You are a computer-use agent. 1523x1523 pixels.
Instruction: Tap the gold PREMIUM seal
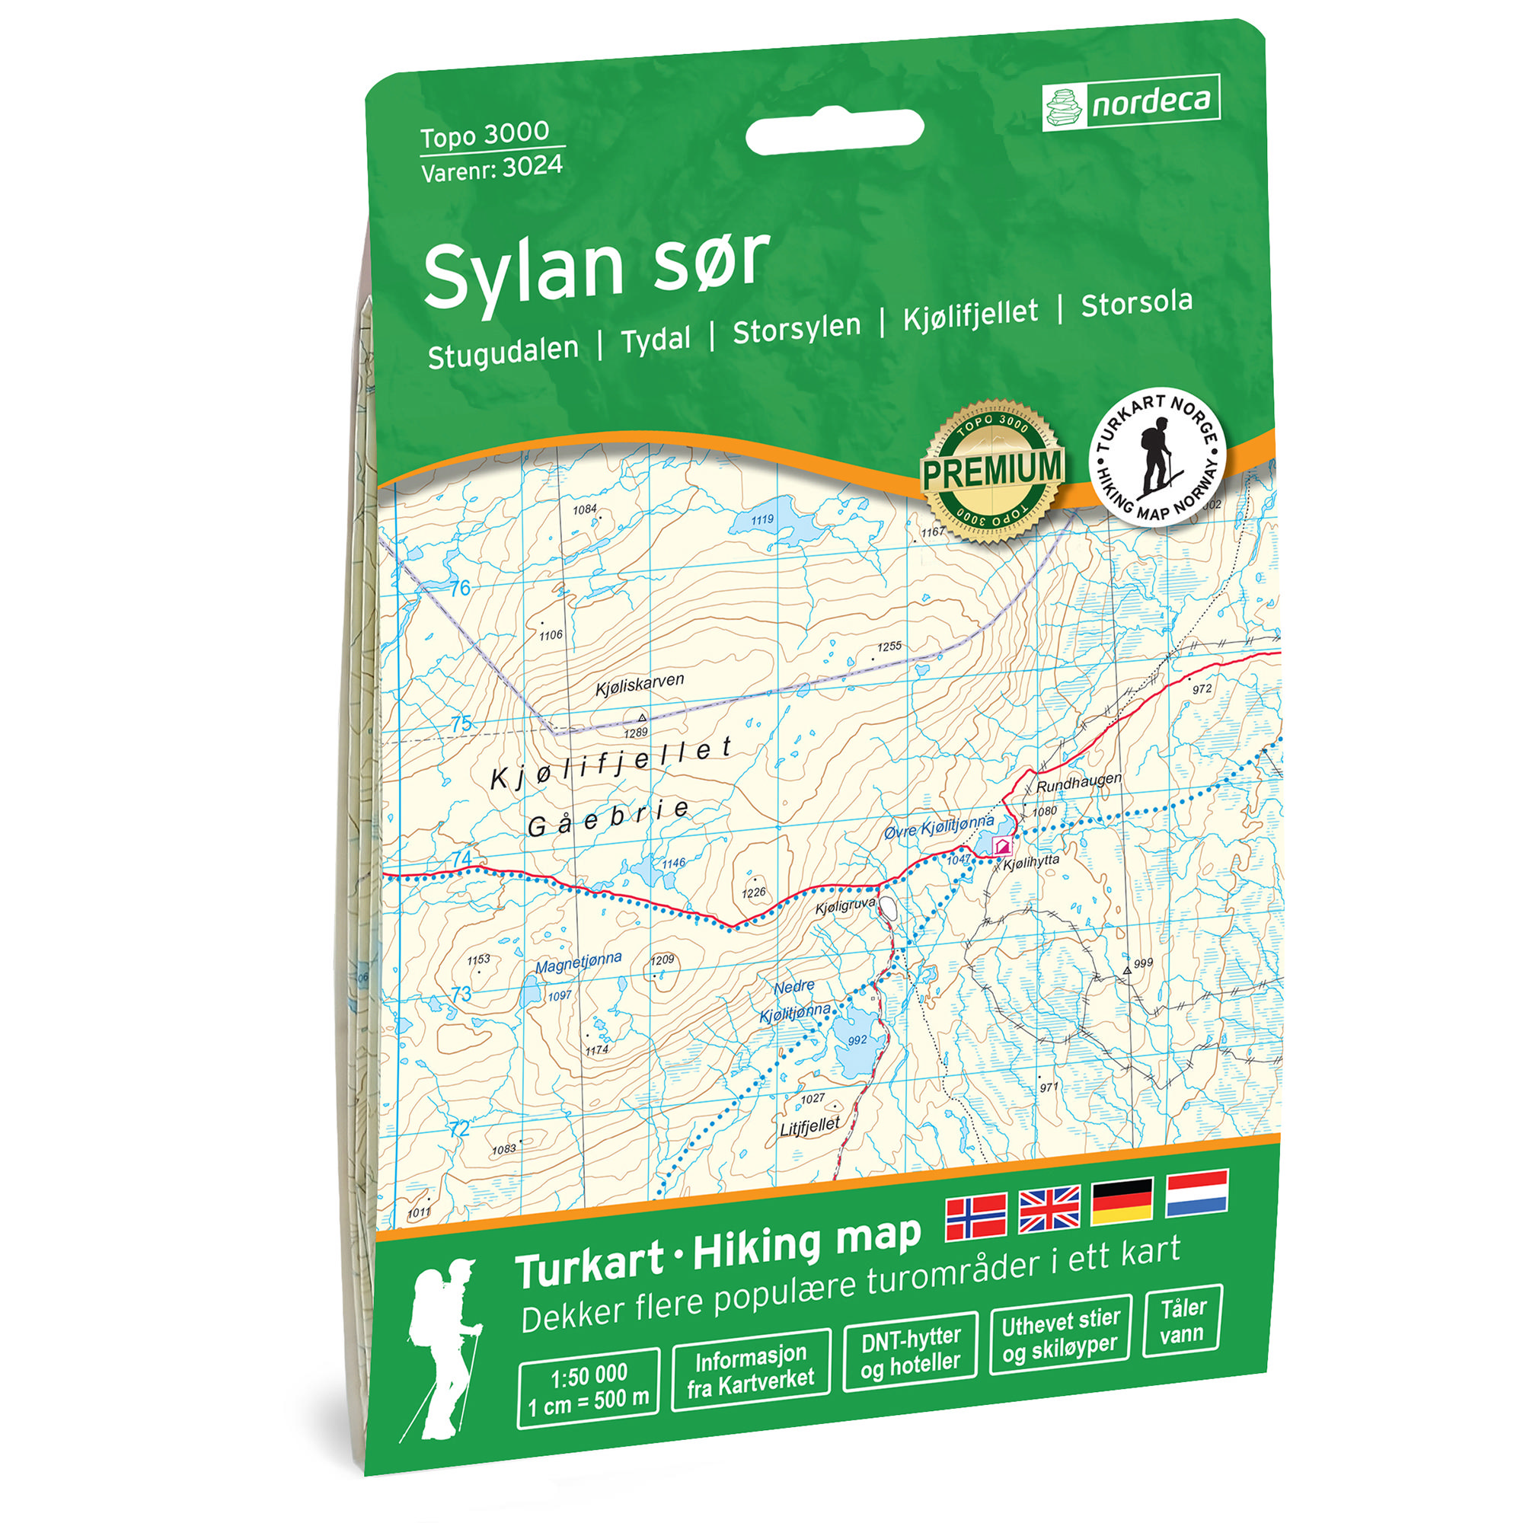pyautogui.click(x=991, y=471)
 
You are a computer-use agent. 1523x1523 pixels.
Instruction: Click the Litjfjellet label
pyautogui.click(x=809, y=1125)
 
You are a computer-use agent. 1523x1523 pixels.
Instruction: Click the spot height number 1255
pyautogui.click(x=889, y=647)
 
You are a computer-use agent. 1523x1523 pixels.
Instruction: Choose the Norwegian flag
pyautogui.click(x=976, y=1215)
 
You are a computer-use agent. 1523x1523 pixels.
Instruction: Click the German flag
pyautogui.click(x=1122, y=1203)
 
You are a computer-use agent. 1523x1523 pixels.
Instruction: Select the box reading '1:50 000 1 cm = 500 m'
pyautogui.click(x=588, y=1387)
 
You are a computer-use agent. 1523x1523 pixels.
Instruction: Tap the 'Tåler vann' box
pyautogui.click(x=1182, y=1321)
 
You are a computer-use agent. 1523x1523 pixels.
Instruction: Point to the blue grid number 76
pyautogui.click(x=461, y=588)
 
